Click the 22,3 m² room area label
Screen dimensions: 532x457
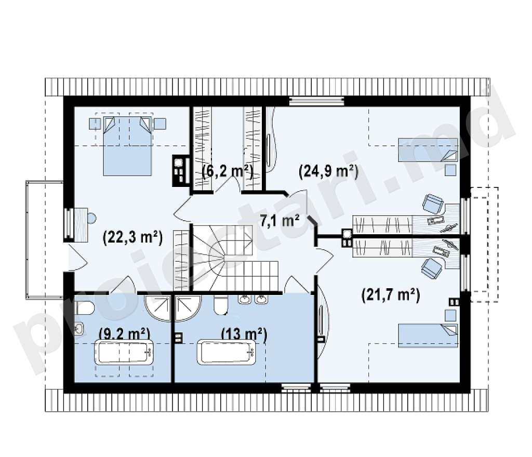tap(132, 237)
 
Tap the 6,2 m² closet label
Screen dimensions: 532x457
tap(228, 171)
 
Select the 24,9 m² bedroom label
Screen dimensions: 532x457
tap(328, 171)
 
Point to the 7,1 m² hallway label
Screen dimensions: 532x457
tap(280, 221)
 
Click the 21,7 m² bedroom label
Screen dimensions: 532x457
tap(391, 294)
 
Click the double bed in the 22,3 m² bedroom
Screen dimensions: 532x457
tap(127, 146)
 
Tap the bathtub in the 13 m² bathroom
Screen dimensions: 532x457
tap(227, 352)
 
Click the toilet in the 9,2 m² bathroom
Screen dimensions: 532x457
tap(84, 308)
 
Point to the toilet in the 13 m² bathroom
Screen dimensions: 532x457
tap(221, 305)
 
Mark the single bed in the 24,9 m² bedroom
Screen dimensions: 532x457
tap(428, 150)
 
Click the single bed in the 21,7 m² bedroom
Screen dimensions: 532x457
tap(428, 335)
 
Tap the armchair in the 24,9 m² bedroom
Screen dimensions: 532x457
tap(433, 204)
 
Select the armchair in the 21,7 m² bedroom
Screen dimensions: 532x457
tap(431, 268)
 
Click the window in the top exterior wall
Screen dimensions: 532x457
tap(317, 101)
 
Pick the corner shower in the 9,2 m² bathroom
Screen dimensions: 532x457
tap(157, 308)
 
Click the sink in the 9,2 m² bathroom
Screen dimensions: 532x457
tap(79, 329)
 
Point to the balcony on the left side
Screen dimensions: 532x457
tap(45, 240)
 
